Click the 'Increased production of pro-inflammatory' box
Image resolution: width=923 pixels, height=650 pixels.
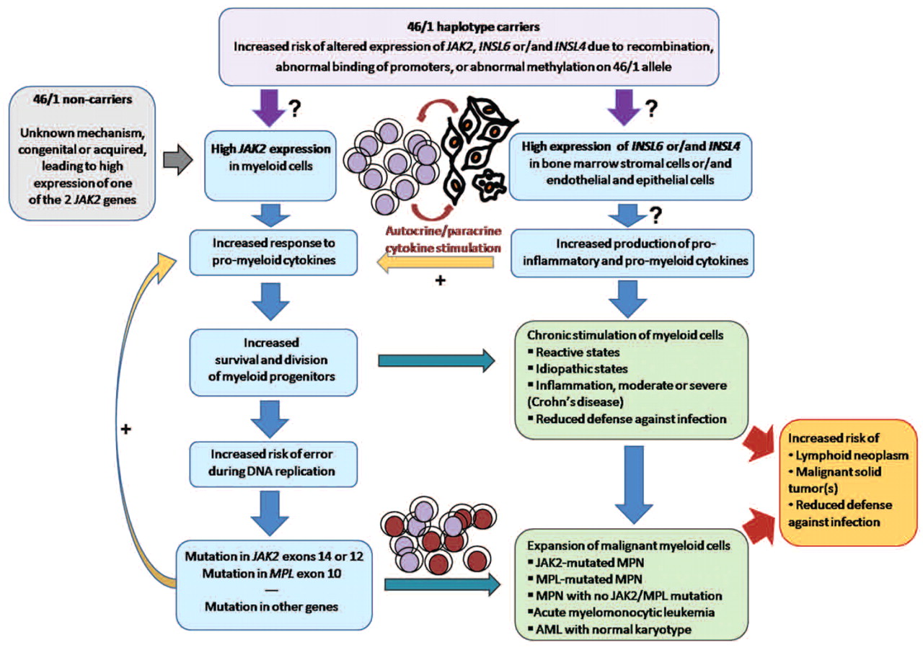(632, 252)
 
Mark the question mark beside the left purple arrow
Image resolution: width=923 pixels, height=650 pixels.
(295, 110)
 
